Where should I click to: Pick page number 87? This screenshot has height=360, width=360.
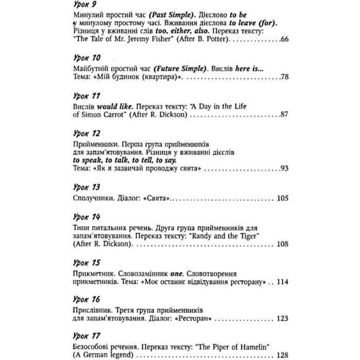pos(283,115)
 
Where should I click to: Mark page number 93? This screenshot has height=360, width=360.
pos(283,169)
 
